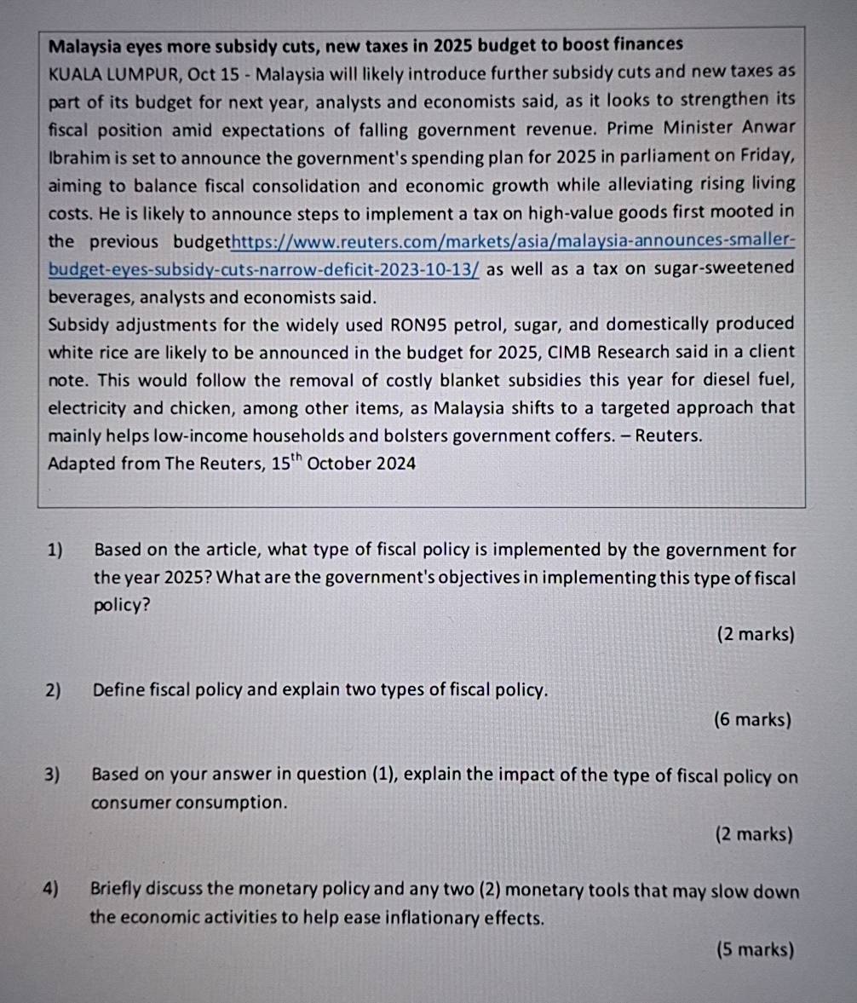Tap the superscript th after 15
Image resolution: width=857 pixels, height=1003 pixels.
(294, 458)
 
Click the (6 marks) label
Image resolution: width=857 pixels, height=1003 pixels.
(753, 720)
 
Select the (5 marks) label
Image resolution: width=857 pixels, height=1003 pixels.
(755, 949)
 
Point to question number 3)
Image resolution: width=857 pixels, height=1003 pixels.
(55, 775)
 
